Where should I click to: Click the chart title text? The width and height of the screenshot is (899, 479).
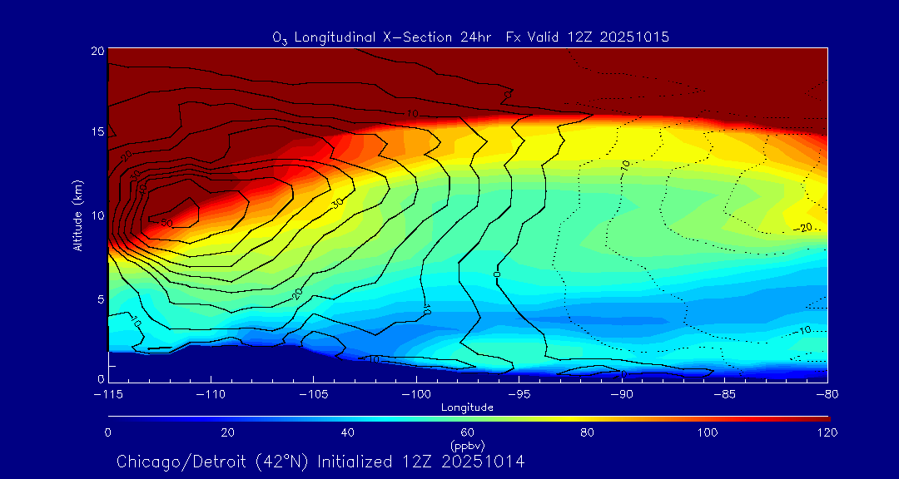tap(470, 37)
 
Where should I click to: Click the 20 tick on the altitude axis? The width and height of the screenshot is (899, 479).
tap(97, 51)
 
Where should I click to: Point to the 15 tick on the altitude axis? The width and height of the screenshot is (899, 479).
tap(97, 132)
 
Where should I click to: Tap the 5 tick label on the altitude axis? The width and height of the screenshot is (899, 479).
tap(99, 299)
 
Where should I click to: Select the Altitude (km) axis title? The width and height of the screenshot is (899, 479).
tap(77, 215)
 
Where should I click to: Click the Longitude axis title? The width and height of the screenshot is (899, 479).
tap(467, 407)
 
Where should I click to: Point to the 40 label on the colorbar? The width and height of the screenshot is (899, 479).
tap(348, 432)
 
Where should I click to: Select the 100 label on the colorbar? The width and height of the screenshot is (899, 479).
tap(708, 432)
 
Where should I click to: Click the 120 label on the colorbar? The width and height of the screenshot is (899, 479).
tap(827, 432)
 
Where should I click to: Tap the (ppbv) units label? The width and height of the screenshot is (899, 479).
tap(467, 445)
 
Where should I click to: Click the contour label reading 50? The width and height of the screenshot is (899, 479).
tap(166, 223)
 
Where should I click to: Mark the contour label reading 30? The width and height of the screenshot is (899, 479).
tap(337, 202)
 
